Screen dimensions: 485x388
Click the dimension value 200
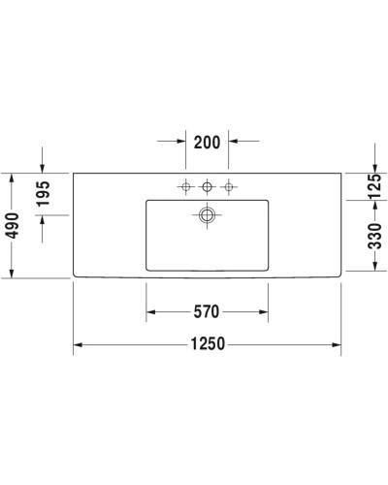208,143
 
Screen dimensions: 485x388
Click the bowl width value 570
208,312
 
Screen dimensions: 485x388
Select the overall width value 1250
208,343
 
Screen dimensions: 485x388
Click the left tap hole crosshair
184,185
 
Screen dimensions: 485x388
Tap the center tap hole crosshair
207,185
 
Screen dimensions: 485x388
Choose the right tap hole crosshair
229,185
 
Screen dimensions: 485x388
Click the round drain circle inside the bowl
207,214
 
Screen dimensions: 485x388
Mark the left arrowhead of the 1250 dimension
79,343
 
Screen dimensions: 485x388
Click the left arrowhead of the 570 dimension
151,312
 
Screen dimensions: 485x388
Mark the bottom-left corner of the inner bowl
147,269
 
